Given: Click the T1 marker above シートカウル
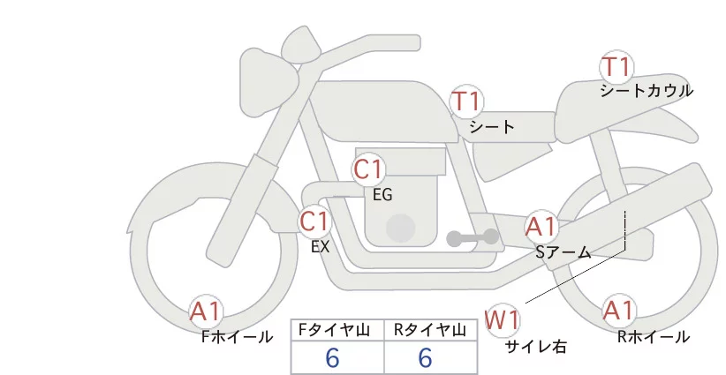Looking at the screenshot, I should pyautogui.click(x=616, y=67).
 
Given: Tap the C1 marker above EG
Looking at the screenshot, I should pyautogui.click(x=368, y=169).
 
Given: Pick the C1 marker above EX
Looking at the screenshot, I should pyautogui.click(x=314, y=221).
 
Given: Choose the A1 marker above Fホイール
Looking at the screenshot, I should pyautogui.click(x=207, y=311).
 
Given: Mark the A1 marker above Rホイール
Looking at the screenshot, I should pyautogui.click(x=618, y=311).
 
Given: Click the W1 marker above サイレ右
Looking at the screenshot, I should pyautogui.click(x=503, y=319).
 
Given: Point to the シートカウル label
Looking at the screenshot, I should pyautogui.click(x=647, y=91).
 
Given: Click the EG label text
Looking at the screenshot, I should pyautogui.click(x=382, y=195).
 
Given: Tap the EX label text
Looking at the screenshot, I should pyautogui.click(x=320, y=247).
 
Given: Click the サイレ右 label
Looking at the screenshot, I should pyautogui.click(x=535, y=347).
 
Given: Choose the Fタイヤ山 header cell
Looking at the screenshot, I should pyautogui.click(x=337, y=330).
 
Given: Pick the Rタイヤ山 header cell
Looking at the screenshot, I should pyautogui.click(x=431, y=330).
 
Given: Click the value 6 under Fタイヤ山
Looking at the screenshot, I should pyautogui.click(x=332, y=358).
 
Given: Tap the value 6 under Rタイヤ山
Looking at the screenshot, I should pyautogui.click(x=425, y=358).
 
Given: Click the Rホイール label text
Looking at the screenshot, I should pyautogui.click(x=654, y=336).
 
